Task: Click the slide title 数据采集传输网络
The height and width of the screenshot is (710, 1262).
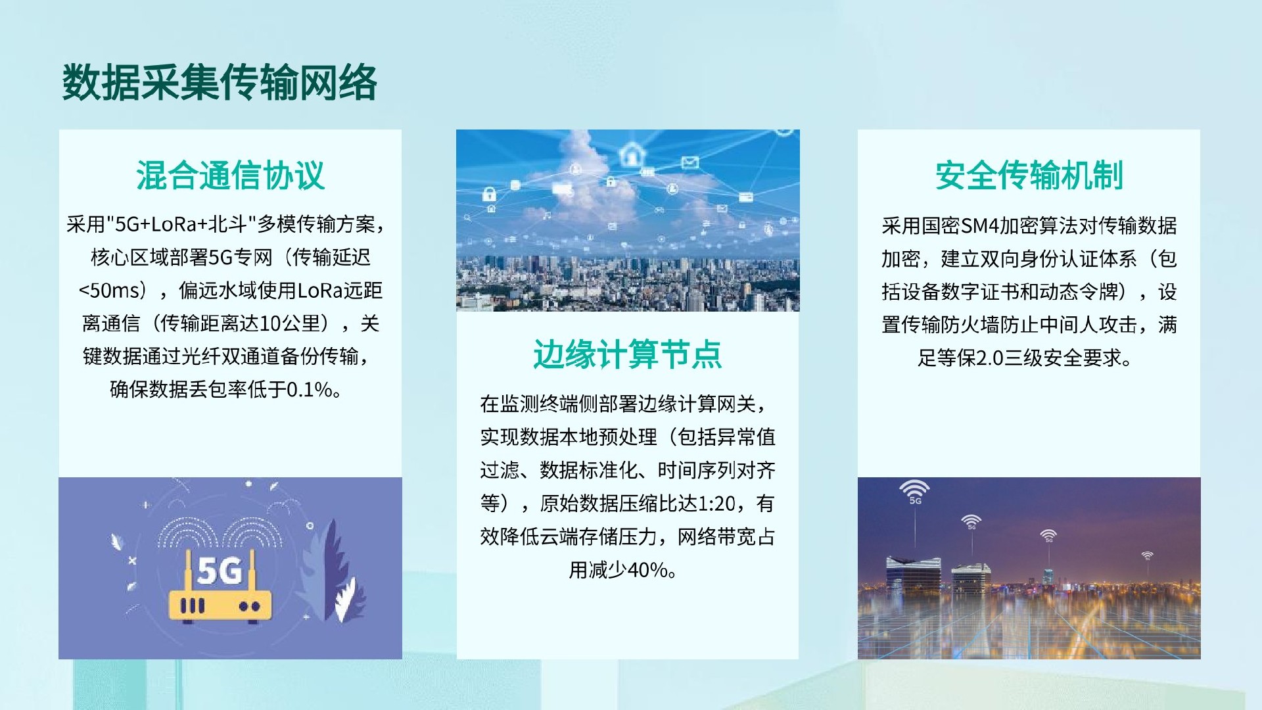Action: (x=220, y=83)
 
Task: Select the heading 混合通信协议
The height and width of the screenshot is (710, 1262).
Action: (x=230, y=176)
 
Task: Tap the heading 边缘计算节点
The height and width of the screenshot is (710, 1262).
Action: (x=627, y=354)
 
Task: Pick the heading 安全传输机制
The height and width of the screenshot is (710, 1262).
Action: (x=1029, y=176)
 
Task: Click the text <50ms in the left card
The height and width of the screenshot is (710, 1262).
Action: (x=110, y=291)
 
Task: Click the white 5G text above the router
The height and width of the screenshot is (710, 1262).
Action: (x=220, y=571)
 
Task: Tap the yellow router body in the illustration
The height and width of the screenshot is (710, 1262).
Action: (x=220, y=605)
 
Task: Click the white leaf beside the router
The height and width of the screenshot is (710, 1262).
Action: (x=347, y=600)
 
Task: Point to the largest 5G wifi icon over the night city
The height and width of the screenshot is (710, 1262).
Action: (x=914, y=491)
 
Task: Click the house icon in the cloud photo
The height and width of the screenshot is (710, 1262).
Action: (x=632, y=155)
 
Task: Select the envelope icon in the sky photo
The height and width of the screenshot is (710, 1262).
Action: (x=689, y=162)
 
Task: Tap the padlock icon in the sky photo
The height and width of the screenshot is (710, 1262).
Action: (x=488, y=194)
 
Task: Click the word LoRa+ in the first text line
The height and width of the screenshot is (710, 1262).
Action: (x=179, y=225)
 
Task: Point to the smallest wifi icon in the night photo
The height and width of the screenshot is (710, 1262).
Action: (x=1147, y=556)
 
